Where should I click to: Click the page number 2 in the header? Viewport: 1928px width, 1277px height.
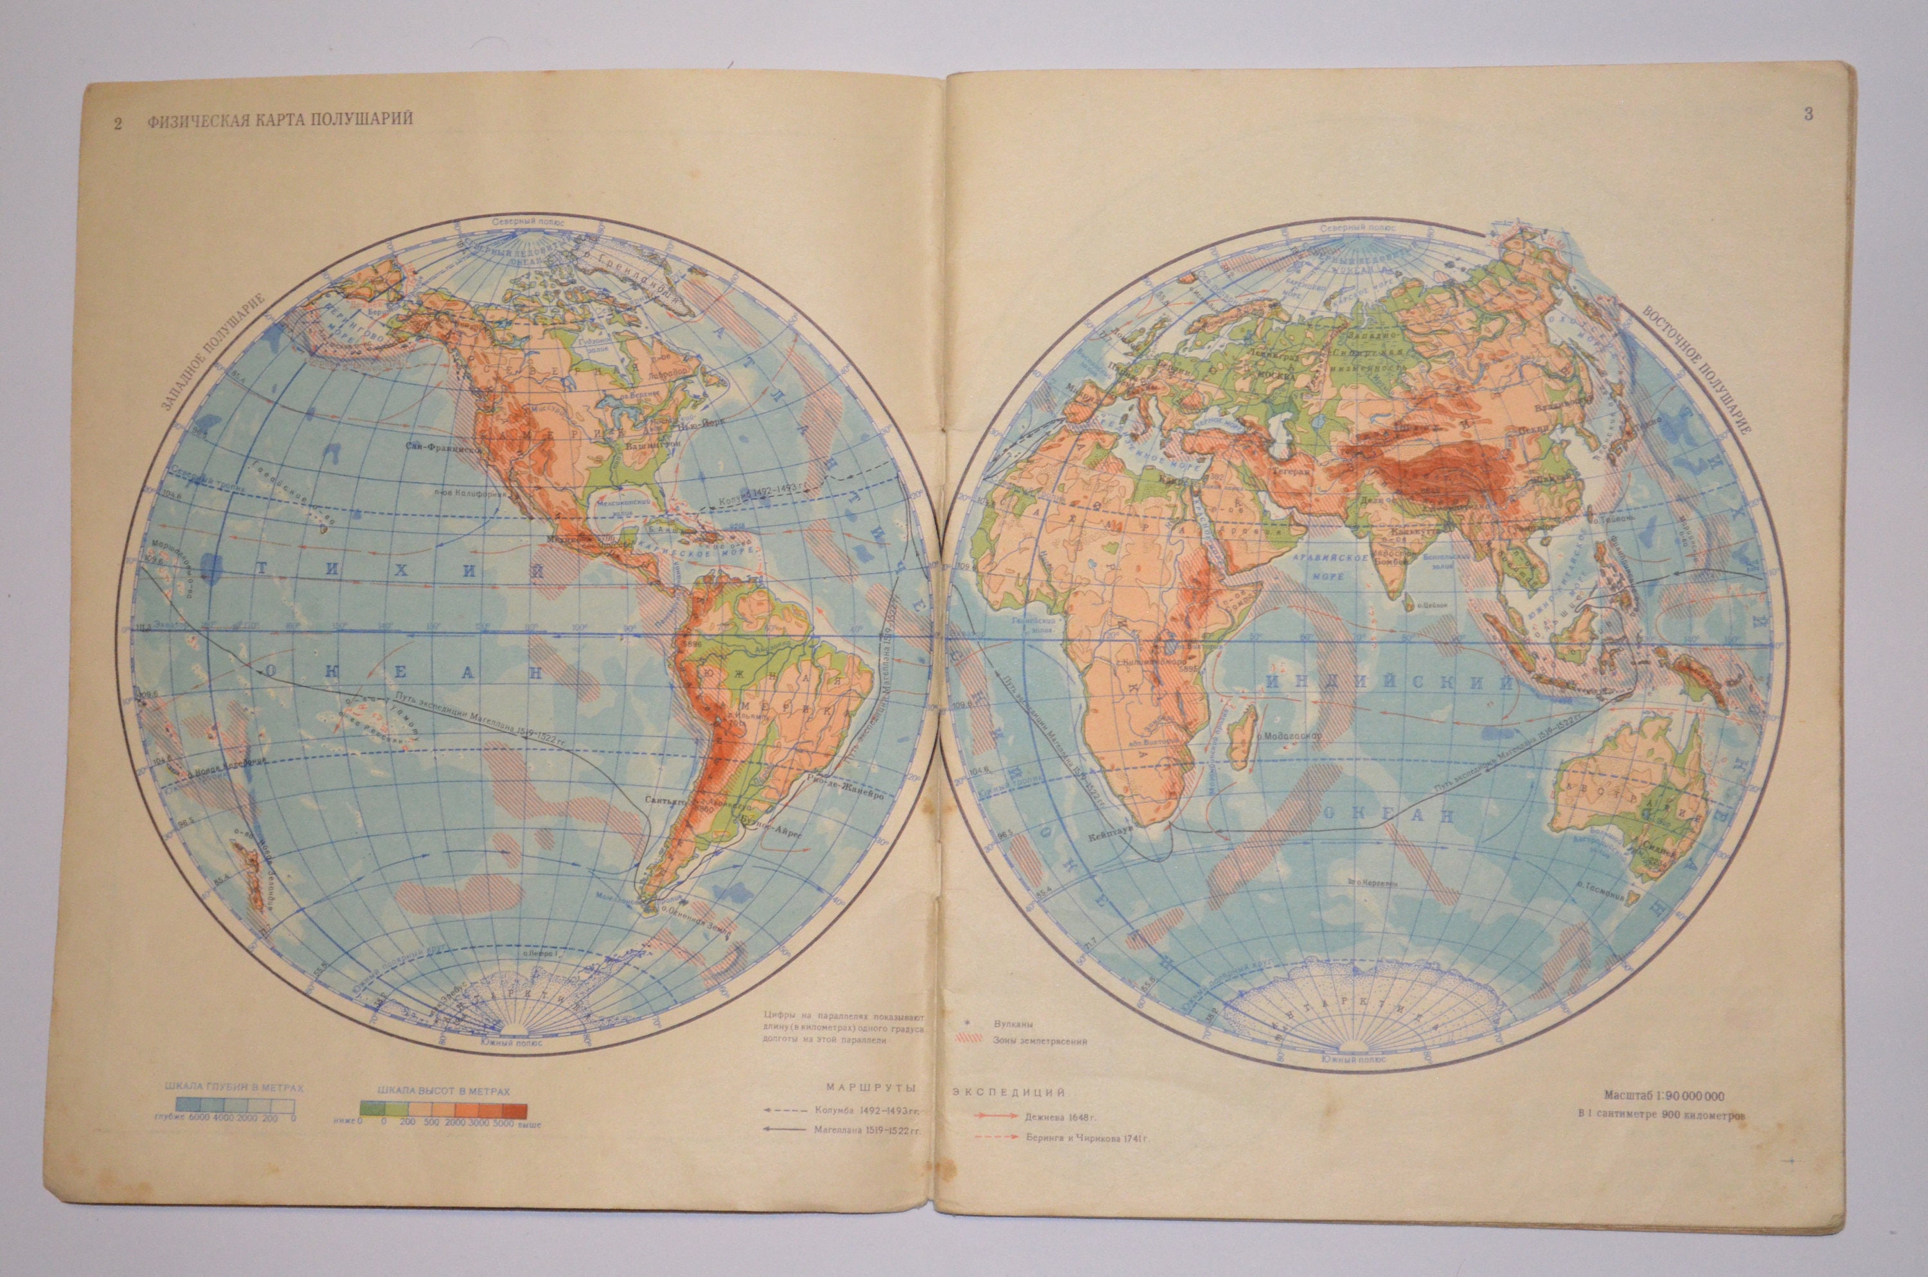(119, 123)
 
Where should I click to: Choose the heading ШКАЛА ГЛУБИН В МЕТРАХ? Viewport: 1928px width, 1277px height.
(234, 1088)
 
